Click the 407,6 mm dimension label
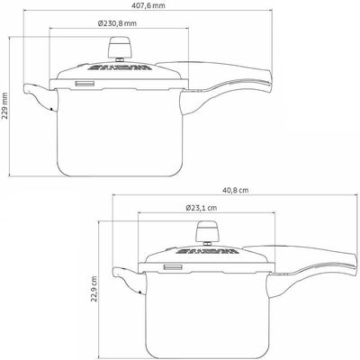click(148, 5)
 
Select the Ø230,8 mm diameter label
click(117, 23)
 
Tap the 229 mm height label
click(5, 105)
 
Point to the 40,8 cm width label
click(235, 190)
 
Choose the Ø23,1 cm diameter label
click(202, 208)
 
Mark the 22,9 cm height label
click(94, 289)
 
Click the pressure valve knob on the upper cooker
click(120, 48)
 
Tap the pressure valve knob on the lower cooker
click(207, 231)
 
